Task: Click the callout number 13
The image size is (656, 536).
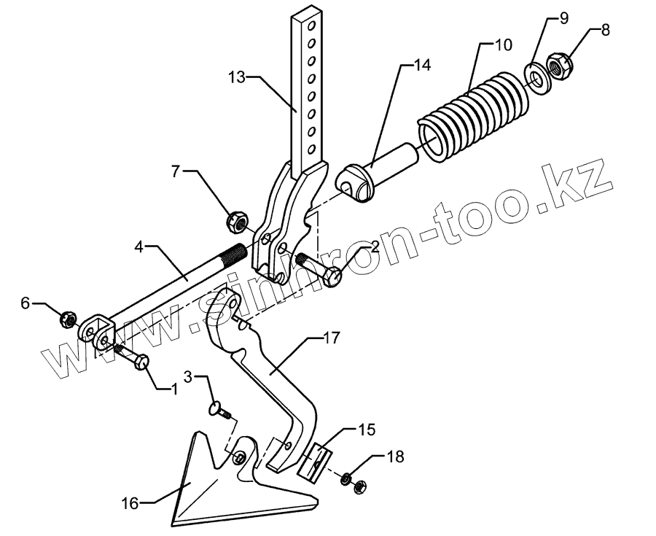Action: pyautogui.click(x=238, y=76)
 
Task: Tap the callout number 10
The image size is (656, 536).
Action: pyautogui.click(x=503, y=45)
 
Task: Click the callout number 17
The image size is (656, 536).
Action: pyautogui.click(x=332, y=338)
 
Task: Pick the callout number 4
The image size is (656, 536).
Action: pyautogui.click(x=143, y=248)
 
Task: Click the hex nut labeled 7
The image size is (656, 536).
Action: pyautogui.click(x=237, y=218)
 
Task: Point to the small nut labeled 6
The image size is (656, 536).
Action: pyautogui.click(x=68, y=319)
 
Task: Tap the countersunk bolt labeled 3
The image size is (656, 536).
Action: pyautogui.click(x=219, y=411)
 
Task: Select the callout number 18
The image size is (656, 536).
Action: pyautogui.click(x=394, y=458)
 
